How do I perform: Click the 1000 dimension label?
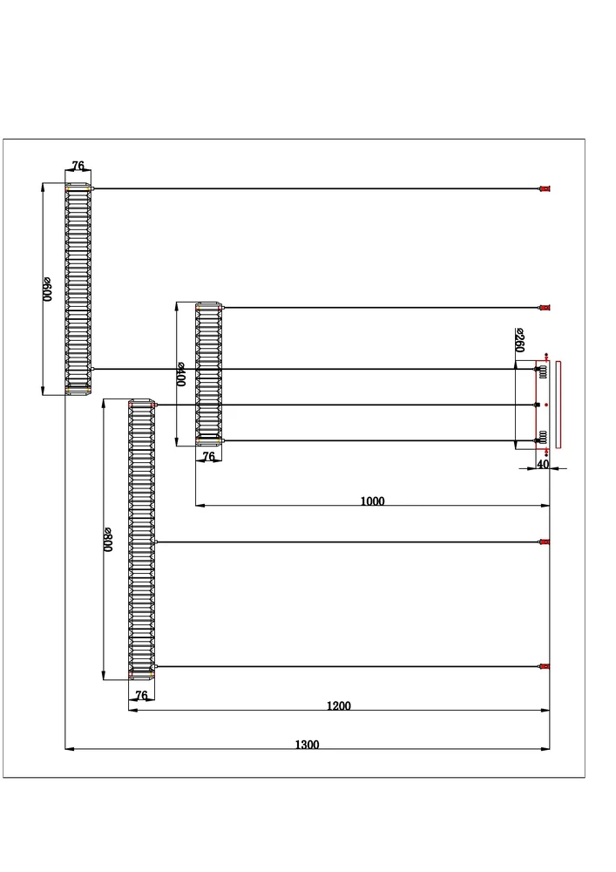[x=372, y=501]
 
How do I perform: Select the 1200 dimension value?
[x=339, y=706]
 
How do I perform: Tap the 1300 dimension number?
[x=307, y=745]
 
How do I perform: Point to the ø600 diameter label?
[x=48, y=289]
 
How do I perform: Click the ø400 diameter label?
[x=181, y=374]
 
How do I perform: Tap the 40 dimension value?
[x=543, y=465]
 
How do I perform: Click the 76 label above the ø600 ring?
[x=78, y=166]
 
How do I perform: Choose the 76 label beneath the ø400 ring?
[x=208, y=456]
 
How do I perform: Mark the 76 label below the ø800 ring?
[x=141, y=695]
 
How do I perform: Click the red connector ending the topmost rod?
[x=545, y=188]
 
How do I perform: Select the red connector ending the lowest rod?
[x=545, y=667]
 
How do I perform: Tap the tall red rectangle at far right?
[x=558, y=404]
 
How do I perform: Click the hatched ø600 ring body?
[x=78, y=288]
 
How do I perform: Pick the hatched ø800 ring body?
[x=141, y=541]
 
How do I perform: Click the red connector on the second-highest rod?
[x=545, y=308]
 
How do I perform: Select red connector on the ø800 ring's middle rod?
[x=545, y=542]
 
